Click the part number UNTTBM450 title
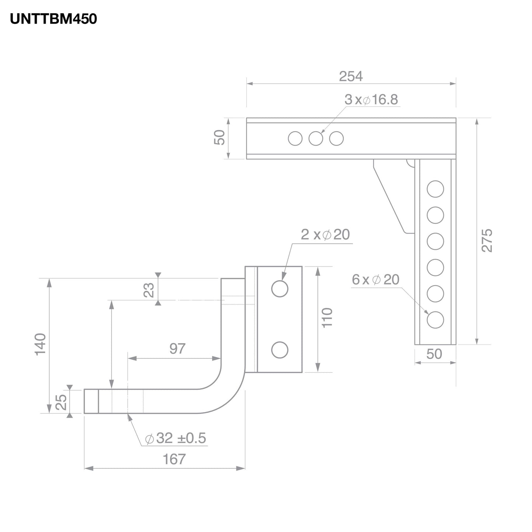[53, 19]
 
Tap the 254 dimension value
[350, 76]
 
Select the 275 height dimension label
[487, 240]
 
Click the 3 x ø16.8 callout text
[371, 100]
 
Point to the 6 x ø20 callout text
[376, 280]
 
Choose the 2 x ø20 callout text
[325, 235]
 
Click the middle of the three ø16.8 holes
[316, 139]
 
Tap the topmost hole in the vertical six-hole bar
[435, 189]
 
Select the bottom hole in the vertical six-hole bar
[435, 320]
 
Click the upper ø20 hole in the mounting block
[279, 289]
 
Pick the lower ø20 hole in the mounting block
[279, 350]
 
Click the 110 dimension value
[327, 318]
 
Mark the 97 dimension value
[177, 349]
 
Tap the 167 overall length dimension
[174, 459]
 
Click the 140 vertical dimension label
[40, 344]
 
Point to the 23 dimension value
[149, 290]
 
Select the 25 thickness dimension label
[61, 402]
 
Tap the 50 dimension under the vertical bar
[434, 354]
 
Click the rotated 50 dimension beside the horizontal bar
[219, 138]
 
